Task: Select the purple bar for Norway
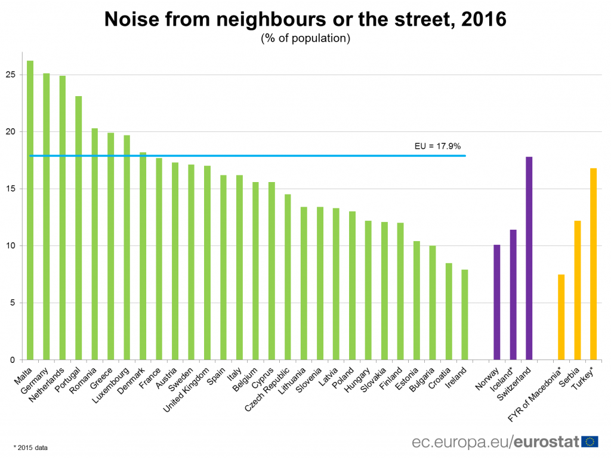(496, 302)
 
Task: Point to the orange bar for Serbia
(577, 290)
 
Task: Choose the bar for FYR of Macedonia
(561, 317)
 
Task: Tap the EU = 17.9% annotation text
(437, 146)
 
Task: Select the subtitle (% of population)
(305, 39)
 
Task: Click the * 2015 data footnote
(30, 446)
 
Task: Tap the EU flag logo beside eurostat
(590, 442)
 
